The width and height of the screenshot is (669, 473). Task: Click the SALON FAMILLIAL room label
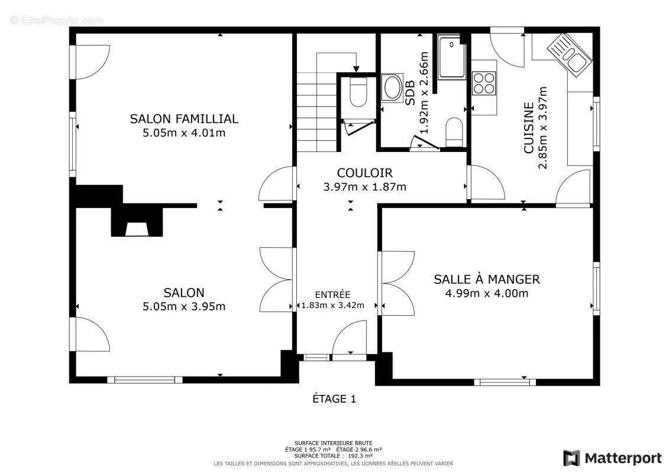pyautogui.click(x=184, y=119)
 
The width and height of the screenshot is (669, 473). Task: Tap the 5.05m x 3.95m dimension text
pyautogui.click(x=184, y=306)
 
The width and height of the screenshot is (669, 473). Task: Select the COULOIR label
pyautogui.click(x=364, y=173)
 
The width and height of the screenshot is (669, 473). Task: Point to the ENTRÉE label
pyautogui.click(x=332, y=294)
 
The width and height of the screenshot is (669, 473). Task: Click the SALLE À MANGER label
pyautogui.click(x=487, y=279)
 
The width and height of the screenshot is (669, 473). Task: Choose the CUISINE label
pyautogui.click(x=529, y=128)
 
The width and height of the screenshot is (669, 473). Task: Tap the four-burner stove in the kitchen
pyautogui.click(x=484, y=83)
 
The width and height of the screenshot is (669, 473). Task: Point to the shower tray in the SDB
pyautogui.click(x=452, y=56)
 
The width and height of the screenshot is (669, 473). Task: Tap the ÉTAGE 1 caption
pyautogui.click(x=334, y=399)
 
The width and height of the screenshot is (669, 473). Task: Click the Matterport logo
pyautogui.click(x=612, y=458)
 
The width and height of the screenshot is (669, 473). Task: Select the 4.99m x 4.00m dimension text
pyautogui.click(x=487, y=293)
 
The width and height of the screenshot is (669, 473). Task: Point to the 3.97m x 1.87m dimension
pyautogui.click(x=364, y=187)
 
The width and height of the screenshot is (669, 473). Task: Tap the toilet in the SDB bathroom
pyautogui.click(x=454, y=131)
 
